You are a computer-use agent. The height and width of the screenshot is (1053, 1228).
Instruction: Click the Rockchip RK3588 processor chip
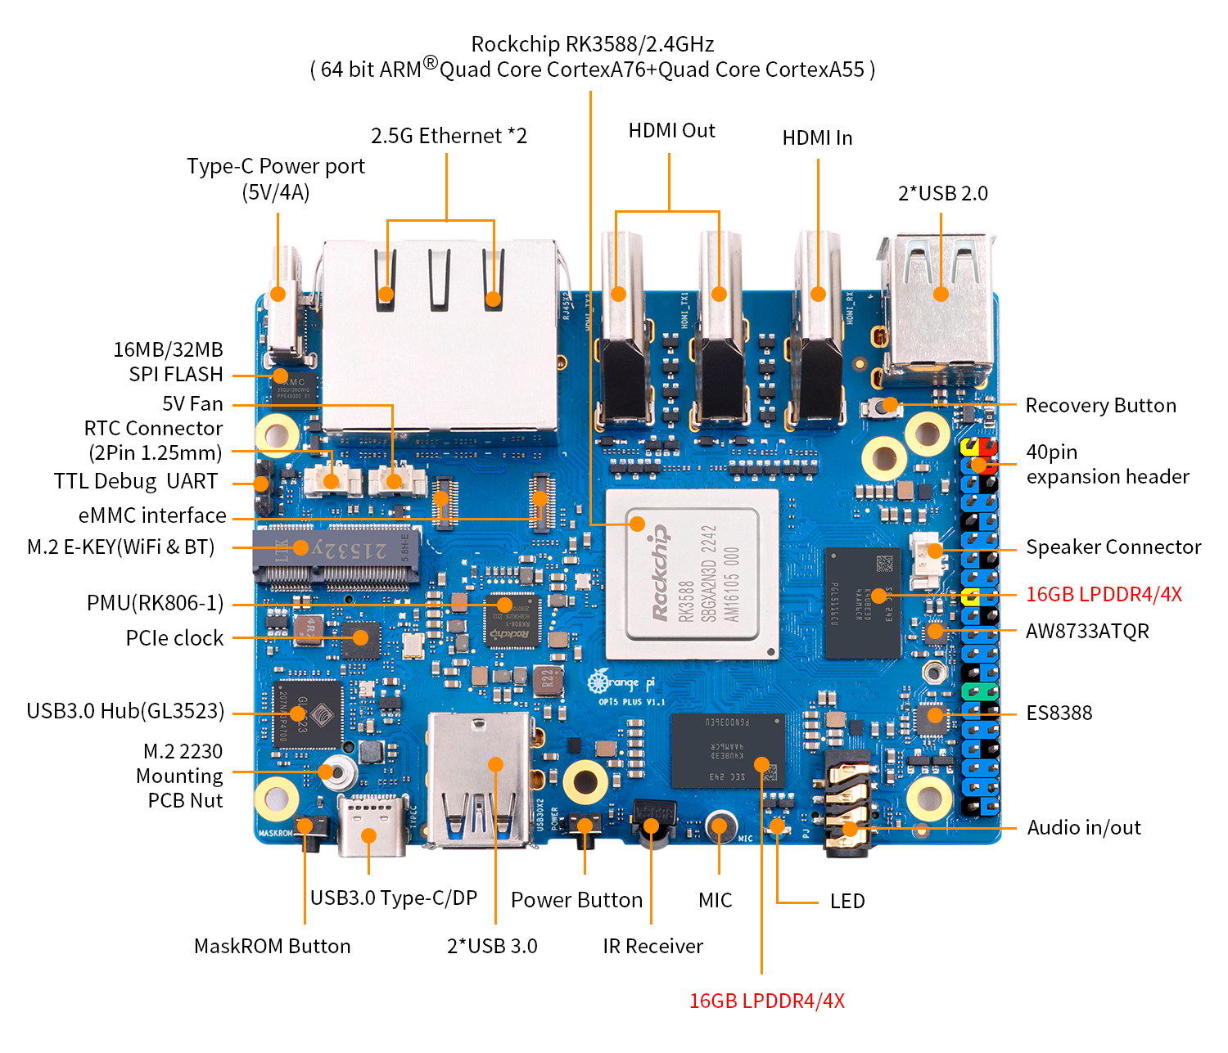click(692, 574)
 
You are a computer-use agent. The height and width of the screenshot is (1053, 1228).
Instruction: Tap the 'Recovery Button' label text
click(1100, 406)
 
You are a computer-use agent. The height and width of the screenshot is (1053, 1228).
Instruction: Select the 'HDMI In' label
click(817, 138)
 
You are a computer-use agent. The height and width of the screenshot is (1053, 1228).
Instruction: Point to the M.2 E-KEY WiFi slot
click(336, 556)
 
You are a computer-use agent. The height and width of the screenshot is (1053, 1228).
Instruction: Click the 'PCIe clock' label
click(174, 638)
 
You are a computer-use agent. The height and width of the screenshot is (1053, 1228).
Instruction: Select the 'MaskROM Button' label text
click(272, 947)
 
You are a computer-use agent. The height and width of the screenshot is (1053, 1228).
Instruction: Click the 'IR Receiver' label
click(652, 947)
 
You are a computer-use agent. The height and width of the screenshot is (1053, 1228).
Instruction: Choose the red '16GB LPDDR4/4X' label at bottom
click(766, 1001)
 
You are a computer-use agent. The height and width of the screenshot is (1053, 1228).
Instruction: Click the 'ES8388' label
click(1059, 713)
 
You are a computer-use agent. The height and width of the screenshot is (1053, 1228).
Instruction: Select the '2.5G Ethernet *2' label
click(449, 136)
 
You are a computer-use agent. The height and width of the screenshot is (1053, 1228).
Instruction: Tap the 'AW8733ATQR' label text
click(1087, 632)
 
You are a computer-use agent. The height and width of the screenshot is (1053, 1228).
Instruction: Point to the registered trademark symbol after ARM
click(430, 63)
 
